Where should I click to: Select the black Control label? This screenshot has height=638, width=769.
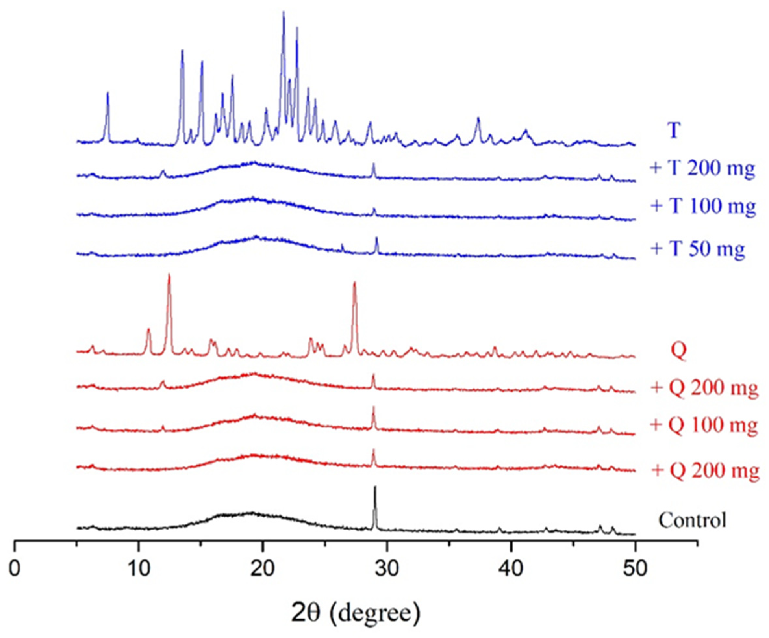tap(692, 520)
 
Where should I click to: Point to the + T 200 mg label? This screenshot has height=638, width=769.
tap(702, 169)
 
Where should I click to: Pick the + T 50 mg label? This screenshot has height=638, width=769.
tap(698, 249)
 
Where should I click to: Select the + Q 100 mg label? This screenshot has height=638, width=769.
tap(704, 425)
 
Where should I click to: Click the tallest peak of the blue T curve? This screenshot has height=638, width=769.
tap(284, 13)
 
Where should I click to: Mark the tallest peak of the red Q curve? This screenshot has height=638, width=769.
tap(169, 275)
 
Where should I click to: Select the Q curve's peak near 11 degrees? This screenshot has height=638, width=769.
tap(148, 330)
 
